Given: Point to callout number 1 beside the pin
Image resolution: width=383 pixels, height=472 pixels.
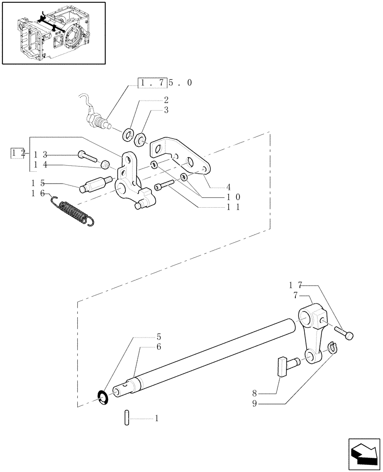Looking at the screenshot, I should coord(157,418).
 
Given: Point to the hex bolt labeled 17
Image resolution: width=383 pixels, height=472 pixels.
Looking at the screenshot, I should coord(344,333).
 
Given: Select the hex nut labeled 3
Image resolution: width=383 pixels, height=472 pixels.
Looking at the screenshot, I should coord(140,140).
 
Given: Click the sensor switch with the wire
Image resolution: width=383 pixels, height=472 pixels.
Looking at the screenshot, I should coord(97,120).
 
